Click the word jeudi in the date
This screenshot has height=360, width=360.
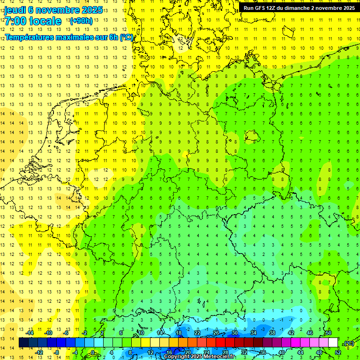[15, 10]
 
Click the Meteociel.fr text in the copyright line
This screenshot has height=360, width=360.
[223, 357]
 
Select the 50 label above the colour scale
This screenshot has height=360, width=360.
[328, 333]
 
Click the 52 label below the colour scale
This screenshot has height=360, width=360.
[337, 352]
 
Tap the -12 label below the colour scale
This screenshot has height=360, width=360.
[39, 352]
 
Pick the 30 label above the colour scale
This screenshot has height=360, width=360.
[234, 333]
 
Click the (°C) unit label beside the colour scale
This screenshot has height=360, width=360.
[348, 343]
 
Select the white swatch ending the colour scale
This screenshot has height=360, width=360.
[333, 343]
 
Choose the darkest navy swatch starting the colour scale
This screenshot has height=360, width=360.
[23, 343]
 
